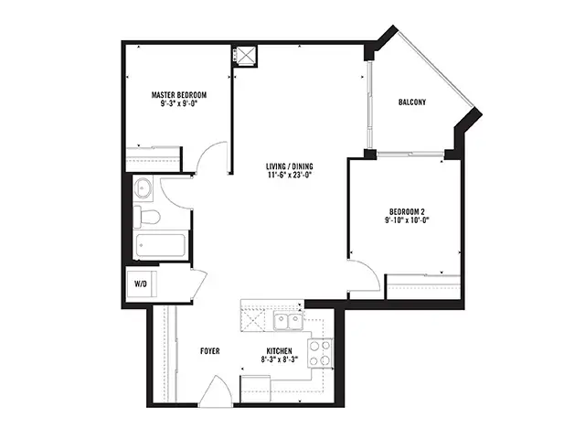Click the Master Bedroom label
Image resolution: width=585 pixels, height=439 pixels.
click(x=179, y=95)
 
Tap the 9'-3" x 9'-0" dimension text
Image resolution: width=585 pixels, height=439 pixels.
click(x=179, y=103)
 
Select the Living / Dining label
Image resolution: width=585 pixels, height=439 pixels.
click(x=290, y=166)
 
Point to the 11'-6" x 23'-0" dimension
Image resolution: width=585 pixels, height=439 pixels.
click(x=290, y=175)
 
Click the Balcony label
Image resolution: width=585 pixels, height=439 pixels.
click(x=412, y=102)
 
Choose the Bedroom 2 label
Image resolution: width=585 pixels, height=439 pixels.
click(x=407, y=211)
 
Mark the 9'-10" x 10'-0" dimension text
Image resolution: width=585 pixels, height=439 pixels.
click(x=407, y=219)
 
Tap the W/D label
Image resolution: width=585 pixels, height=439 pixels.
click(x=141, y=284)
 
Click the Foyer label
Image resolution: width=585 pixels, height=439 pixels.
click(x=210, y=351)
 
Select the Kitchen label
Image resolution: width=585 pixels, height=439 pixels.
click(x=279, y=351)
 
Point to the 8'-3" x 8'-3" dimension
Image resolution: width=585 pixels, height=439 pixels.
click(x=280, y=359)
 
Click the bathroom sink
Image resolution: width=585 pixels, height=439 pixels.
click(x=143, y=188)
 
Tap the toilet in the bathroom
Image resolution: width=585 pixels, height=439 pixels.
click(x=146, y=217)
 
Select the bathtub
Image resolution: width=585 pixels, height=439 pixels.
click(x=161, y=245)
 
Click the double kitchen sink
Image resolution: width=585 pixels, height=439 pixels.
click(x=289, y=321)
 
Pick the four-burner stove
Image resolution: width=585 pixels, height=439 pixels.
click(x=320, y=352)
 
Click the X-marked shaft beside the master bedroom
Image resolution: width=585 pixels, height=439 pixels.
click(x=246, y=56)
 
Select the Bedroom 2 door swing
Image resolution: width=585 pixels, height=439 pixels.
click(x=364, y=276)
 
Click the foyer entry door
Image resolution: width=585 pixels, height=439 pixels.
click(x=216, y=391)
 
